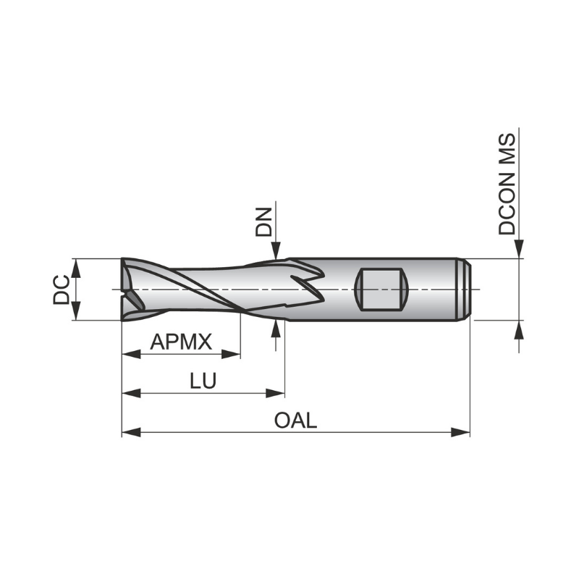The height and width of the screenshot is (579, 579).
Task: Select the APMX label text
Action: [180, 342]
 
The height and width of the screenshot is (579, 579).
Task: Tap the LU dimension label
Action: [203, 381]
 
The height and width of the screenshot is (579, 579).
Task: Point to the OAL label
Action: [296, 420]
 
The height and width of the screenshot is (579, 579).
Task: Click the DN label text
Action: [264, 223]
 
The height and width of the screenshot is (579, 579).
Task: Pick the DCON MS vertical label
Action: [507, 184]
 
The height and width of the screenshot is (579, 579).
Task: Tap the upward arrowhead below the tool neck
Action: [276, 329]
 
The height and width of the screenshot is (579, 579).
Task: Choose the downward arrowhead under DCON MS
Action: [518, 250]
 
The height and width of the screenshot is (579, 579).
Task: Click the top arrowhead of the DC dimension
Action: [76, 266]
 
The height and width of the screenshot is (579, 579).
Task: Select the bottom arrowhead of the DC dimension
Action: [76, 312]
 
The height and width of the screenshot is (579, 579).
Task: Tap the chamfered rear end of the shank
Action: [467, 289]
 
